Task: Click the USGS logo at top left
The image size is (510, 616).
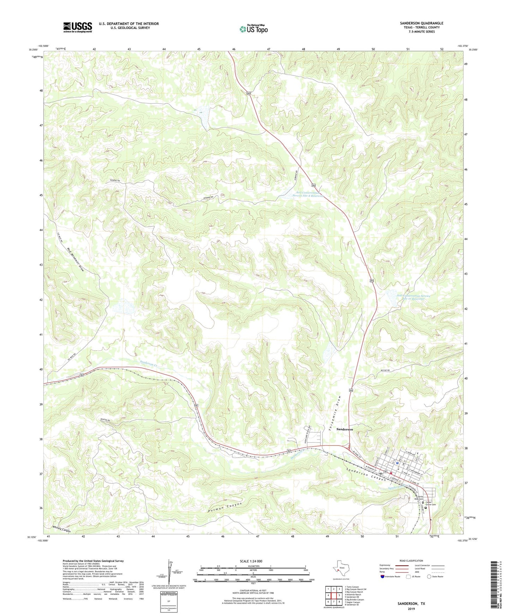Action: [x=78, y=27]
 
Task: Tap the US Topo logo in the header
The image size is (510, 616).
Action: [x=253, y=29]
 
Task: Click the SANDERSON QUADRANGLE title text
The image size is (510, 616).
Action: [x=421, y=23]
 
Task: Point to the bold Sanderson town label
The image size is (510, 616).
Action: [x=344, y=429]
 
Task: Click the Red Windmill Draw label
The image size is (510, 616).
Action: [x=76, y=259]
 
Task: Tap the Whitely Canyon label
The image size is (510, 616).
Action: [x=61, y=529]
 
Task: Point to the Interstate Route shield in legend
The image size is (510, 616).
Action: [x=383, y=576]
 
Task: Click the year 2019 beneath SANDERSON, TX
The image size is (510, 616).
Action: [x=411, y=609]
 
